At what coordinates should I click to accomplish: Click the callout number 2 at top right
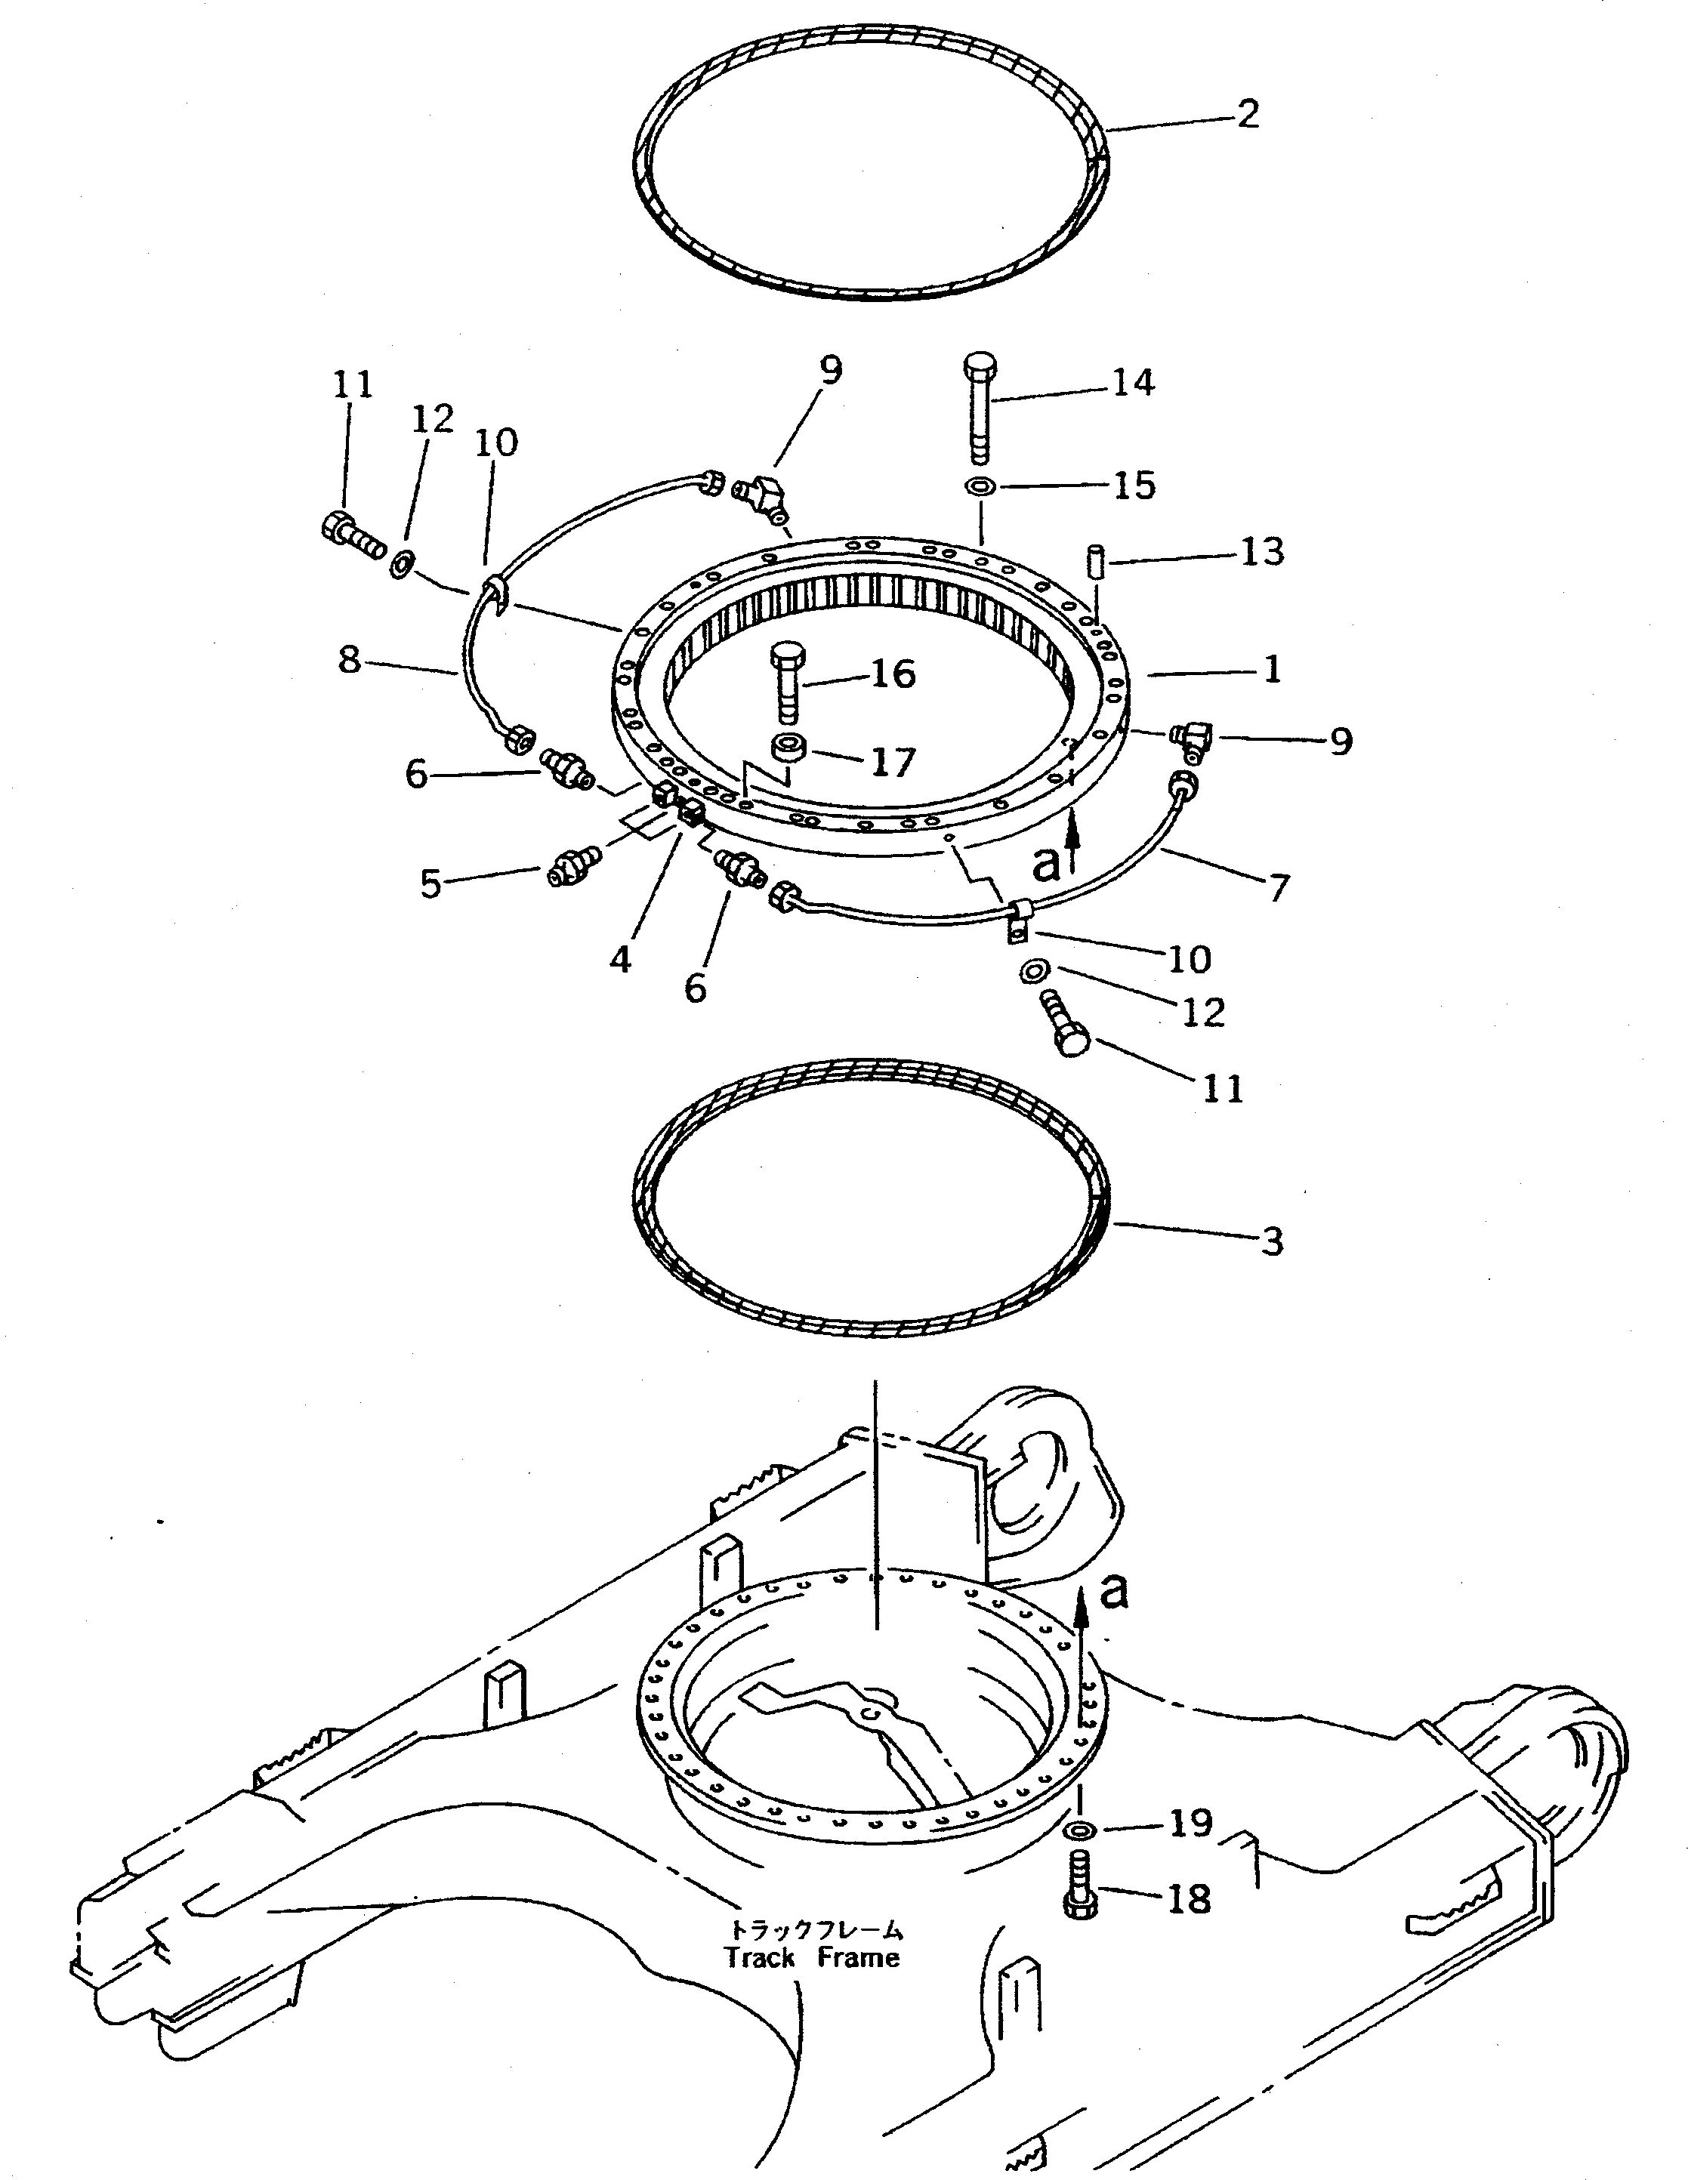(1247, 114)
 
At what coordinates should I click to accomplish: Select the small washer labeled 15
(980, 486)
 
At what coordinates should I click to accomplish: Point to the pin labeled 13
(1094, 560)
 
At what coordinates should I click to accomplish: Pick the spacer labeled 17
(788, 748)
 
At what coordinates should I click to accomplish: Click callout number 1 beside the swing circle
(1271, 670)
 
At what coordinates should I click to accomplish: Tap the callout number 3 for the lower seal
(1271, 1241)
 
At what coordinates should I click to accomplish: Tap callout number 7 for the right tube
(1279, 887)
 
